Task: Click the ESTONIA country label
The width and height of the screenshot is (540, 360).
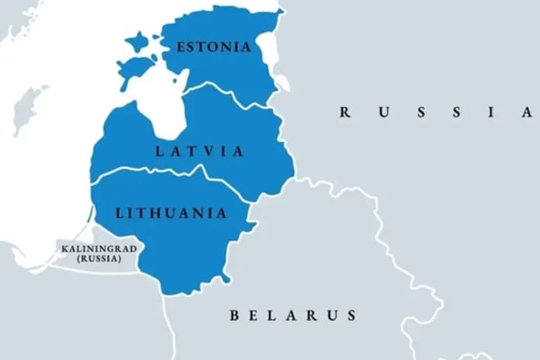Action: (x=214, y=47)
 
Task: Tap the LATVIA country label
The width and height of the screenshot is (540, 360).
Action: (x=200, y=151)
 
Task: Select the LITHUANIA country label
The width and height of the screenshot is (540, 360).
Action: (x=171, y=212)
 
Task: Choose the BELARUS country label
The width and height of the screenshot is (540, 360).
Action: (x=293, y=315)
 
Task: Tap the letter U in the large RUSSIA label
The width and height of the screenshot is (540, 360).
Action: (x=382, y=112)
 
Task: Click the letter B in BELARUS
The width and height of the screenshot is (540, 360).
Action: (x=234, y=315)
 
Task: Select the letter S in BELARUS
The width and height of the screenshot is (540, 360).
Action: (x=352, y=315)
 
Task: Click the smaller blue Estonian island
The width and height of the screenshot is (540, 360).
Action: (x=137, y=41)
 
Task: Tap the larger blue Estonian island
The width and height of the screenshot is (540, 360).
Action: (x=135, y=69)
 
